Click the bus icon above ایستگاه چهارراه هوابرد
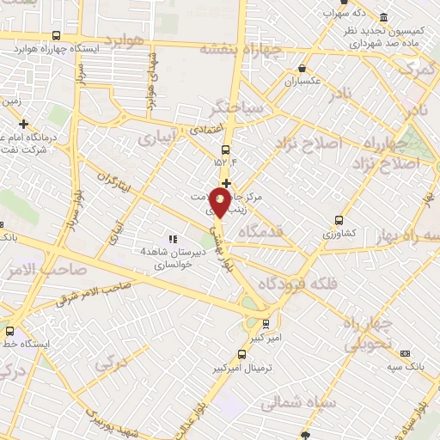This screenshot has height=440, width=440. tap(56, 36)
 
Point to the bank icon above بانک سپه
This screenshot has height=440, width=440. tap(406, 353)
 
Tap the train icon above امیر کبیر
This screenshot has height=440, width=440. tap(266, 324)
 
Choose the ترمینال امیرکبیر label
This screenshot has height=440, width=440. tap(244, 367)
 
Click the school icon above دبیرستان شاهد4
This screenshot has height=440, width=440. tap(172, 239)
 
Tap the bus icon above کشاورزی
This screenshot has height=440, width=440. tap(339, 219)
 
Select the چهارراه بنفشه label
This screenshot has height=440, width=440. tap(235, 48)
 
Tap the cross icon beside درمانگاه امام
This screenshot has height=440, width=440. tap(24, 124)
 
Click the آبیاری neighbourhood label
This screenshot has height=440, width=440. tap(159, 137)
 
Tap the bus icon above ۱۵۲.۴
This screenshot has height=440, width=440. tap(225, 148)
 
